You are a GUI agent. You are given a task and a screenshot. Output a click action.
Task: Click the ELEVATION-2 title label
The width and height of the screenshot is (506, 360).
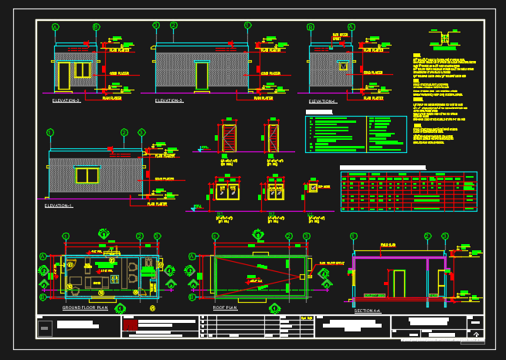(66, 100)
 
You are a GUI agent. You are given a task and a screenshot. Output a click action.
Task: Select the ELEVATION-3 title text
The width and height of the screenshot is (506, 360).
(169, 100)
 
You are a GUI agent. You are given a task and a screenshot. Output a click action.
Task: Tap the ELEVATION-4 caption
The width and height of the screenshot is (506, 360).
(323, 101)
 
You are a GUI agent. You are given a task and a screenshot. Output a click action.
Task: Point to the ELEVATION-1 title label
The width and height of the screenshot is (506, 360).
(59, 205)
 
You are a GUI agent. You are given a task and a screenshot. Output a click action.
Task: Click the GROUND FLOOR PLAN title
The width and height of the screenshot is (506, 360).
(85, 307)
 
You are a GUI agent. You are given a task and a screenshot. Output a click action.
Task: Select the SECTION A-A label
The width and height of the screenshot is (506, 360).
(368, 311)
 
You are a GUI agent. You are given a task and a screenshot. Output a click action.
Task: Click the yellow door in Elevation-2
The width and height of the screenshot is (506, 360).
(63, 76)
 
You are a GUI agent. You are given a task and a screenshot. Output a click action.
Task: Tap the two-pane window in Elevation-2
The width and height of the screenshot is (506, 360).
(82, 70)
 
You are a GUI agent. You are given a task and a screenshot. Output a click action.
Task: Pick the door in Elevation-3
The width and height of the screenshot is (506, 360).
(202, 76)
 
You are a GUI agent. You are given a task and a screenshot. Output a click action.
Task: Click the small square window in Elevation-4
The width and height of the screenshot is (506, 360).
(343, 66)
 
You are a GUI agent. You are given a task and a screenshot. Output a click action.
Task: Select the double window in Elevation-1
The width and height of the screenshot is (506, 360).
(87, 175)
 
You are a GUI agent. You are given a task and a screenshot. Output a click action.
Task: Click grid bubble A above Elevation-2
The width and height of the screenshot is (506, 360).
(56, 27)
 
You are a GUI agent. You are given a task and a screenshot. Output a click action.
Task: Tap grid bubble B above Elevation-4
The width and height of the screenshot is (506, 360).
(311, 27)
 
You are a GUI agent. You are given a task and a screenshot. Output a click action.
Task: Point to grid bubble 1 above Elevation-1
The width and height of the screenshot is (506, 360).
(50, 132)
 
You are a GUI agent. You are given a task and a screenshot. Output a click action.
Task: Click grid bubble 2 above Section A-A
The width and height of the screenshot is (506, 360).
(427, 236)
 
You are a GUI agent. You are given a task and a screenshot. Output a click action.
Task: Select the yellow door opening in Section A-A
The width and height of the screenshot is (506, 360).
(399, 283)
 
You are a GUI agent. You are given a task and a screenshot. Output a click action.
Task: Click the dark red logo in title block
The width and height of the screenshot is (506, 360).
(130, 324)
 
